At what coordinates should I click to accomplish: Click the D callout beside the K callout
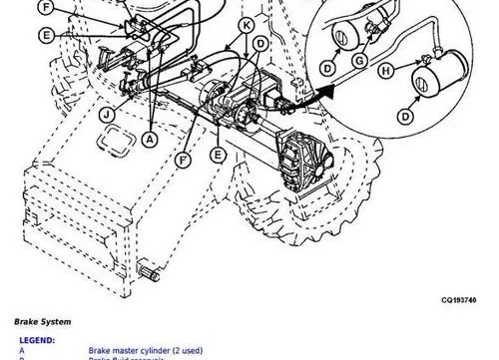[x=259, y=44]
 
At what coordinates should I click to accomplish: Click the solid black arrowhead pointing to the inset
[x=322, y=93]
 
